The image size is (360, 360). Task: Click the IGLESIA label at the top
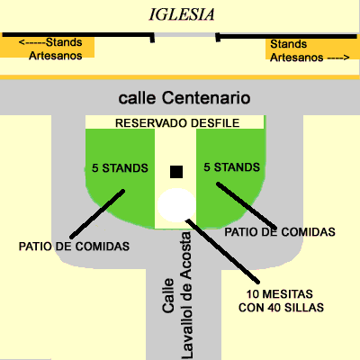(x=183, y=14)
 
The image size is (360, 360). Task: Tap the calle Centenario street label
(x=184, y=97)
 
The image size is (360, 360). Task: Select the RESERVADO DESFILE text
(x=176, y=123)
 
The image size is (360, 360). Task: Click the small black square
(x=176, y=171)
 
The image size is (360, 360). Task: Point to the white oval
(x=175, y=206)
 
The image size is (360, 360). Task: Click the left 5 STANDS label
(x=121, y=166)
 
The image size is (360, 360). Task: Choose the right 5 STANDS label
(x=232, y=166)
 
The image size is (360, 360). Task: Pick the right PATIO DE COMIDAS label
(x=280, y=231)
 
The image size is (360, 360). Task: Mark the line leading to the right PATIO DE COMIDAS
(x=253, y=203)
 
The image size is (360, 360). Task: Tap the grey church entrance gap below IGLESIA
(x=184, y=37)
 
